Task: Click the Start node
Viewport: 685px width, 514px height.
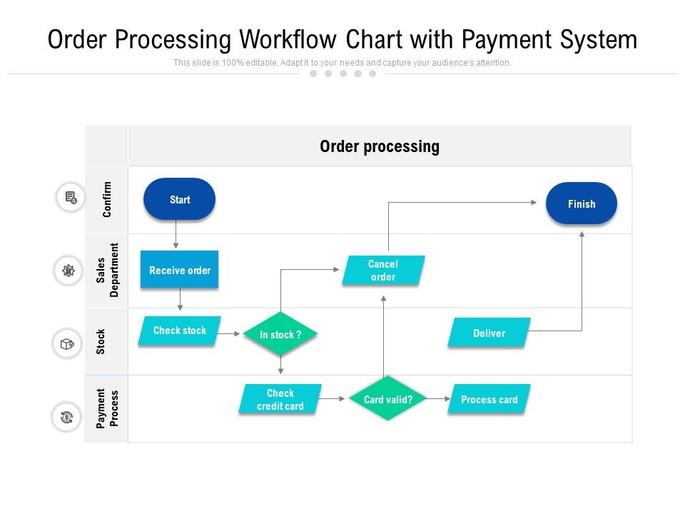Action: [179, 199]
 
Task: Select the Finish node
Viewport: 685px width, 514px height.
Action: [581, 203]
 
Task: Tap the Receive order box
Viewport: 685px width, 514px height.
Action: [179, 270]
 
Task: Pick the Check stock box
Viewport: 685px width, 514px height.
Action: [179, 331]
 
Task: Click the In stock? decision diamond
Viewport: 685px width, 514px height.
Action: [280, 334]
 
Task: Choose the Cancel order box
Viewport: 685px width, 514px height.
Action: [383, 271]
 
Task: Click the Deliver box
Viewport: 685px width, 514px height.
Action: [489, 333]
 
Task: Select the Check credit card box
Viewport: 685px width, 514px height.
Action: [280, 399]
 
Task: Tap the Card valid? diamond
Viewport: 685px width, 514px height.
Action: [387, 399]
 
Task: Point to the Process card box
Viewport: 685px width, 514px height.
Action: [489, 399]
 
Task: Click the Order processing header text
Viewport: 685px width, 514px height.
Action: [379, 146]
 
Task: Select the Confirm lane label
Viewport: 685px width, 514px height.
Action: [107, 199]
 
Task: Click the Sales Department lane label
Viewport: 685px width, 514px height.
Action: [107, 270]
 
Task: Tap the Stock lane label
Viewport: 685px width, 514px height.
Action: [101, 341]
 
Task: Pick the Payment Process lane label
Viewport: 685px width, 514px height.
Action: [107, 408]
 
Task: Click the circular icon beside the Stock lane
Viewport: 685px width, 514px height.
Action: [67, 344]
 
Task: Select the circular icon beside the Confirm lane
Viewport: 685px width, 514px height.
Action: [71, 198]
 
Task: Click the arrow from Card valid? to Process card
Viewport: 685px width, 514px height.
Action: [437, 399]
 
